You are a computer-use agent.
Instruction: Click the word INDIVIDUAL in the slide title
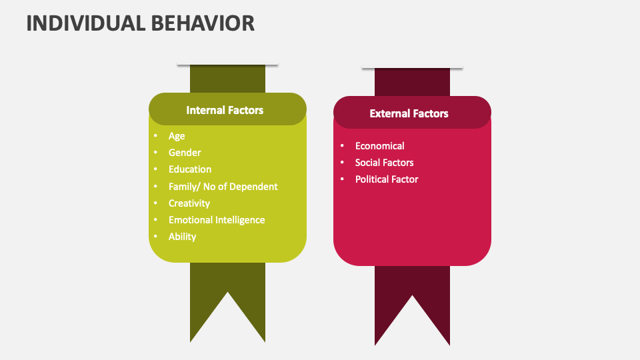point(84,23)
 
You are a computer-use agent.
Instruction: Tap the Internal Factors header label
point(225,110)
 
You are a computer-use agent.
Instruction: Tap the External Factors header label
point(409,113)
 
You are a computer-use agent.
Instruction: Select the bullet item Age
point(177,136)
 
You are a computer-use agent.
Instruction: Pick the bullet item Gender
point(185,153)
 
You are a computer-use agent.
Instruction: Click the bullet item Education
point(190,169)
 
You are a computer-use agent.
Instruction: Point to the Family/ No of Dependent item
point(223,187)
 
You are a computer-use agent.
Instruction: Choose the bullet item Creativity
point(189,203)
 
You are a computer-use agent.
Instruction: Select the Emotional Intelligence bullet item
point(217,220)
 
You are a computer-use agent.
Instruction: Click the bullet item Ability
point(182,237)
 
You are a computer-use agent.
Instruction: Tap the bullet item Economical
point(379,146)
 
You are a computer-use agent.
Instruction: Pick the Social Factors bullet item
point(384,163)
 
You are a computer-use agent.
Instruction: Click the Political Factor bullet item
point(387,179)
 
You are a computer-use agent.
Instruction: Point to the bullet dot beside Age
point(155,136)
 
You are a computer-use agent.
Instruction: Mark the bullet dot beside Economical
point(342,146)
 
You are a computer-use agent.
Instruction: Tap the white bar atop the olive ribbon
point(227,65)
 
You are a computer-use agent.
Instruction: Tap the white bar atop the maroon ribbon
point(412,68)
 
